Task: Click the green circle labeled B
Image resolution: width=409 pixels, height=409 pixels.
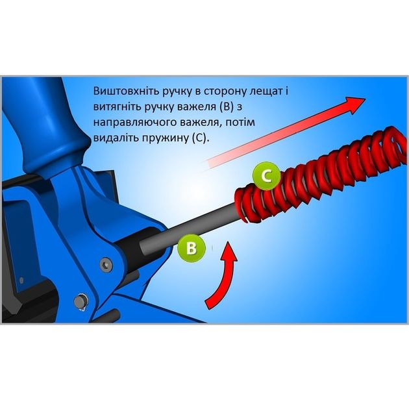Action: point(192,247)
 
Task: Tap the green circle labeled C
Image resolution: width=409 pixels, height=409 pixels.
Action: point(267,176)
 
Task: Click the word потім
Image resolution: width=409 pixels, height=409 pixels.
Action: point(240,122)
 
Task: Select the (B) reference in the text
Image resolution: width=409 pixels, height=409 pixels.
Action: point(226,107)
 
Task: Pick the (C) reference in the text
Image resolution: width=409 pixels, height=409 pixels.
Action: point(201,138)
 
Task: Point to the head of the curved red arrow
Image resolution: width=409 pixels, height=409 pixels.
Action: point(229,252)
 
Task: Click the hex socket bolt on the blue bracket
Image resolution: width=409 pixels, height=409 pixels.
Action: point(106,264)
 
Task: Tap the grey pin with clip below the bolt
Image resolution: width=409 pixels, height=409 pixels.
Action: point(81,302)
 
